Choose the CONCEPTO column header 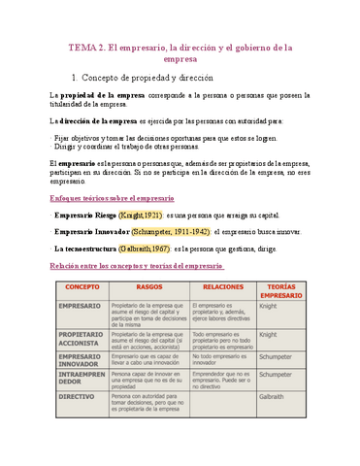click(x=79, y=287)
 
